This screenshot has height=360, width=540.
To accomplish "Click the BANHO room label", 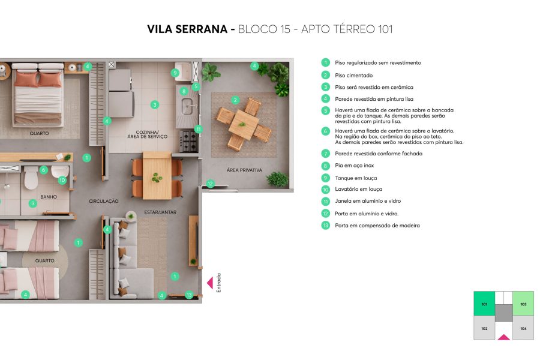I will coord(49,196).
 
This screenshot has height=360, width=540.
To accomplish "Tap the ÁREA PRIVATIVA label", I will coord(244,170).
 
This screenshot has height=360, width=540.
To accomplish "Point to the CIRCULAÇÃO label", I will coord(104,201).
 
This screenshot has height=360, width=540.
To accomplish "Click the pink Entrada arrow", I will coord(210,282).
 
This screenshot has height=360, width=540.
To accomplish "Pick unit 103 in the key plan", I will coord(523,304).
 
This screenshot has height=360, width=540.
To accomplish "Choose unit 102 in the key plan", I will coord(484,328).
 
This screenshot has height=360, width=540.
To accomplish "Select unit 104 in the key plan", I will coord(523,328).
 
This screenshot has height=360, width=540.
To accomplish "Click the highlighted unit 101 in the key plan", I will coord(484,304).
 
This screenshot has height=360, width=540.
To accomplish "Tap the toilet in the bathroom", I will coord(31,178).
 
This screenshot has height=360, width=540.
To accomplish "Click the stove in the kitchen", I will coord(188,142).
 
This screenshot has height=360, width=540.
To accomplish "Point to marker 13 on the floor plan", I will coord(189,295).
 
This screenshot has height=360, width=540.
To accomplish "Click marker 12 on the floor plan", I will coord(210,184).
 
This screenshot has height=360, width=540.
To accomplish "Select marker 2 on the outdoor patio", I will coord(235,100).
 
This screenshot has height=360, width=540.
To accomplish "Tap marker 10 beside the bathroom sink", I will coord(62,180).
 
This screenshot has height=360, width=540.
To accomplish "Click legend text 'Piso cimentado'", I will coord(353,76).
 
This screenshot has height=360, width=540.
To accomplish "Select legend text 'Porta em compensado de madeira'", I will coord(377,226).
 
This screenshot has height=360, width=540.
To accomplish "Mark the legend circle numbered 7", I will coord(325,154).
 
